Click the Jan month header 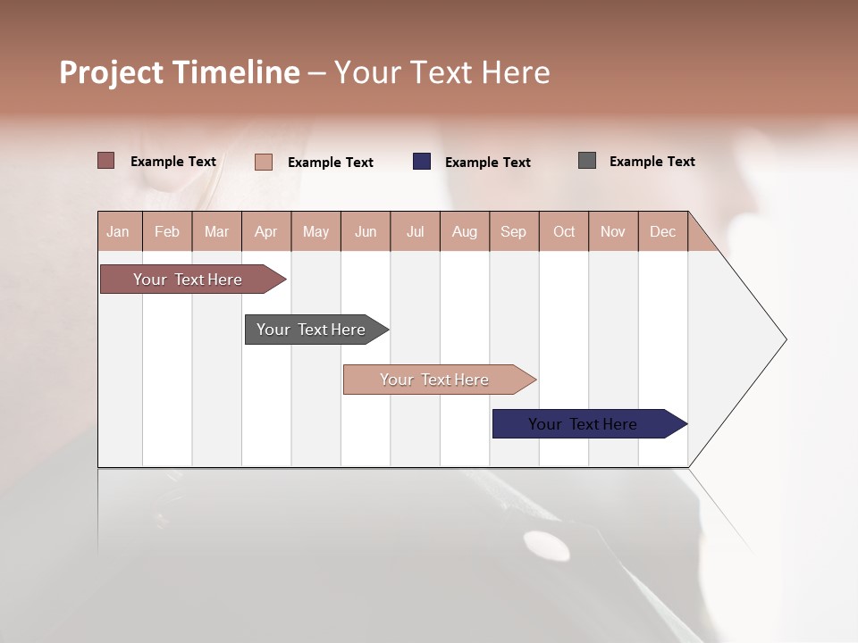click(x=118, y=231)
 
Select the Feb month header click(x=167, y=231)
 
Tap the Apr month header click(x=265, y=231)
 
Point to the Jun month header click(x=366, y=231)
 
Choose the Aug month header click(x=464, y=231)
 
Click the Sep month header click(x=513, y=231)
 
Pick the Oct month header click(x=564, y=231)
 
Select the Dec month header click(x=662, y=231)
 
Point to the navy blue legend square click(x=422, y=162)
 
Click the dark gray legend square click(x=587, y=161)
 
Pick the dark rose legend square click(x=106, y=161)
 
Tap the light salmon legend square click(x=264, y=162)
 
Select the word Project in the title click(x=113, y=72)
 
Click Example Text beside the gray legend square click(x=652, y=161)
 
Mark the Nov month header click(x=613, y=231)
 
